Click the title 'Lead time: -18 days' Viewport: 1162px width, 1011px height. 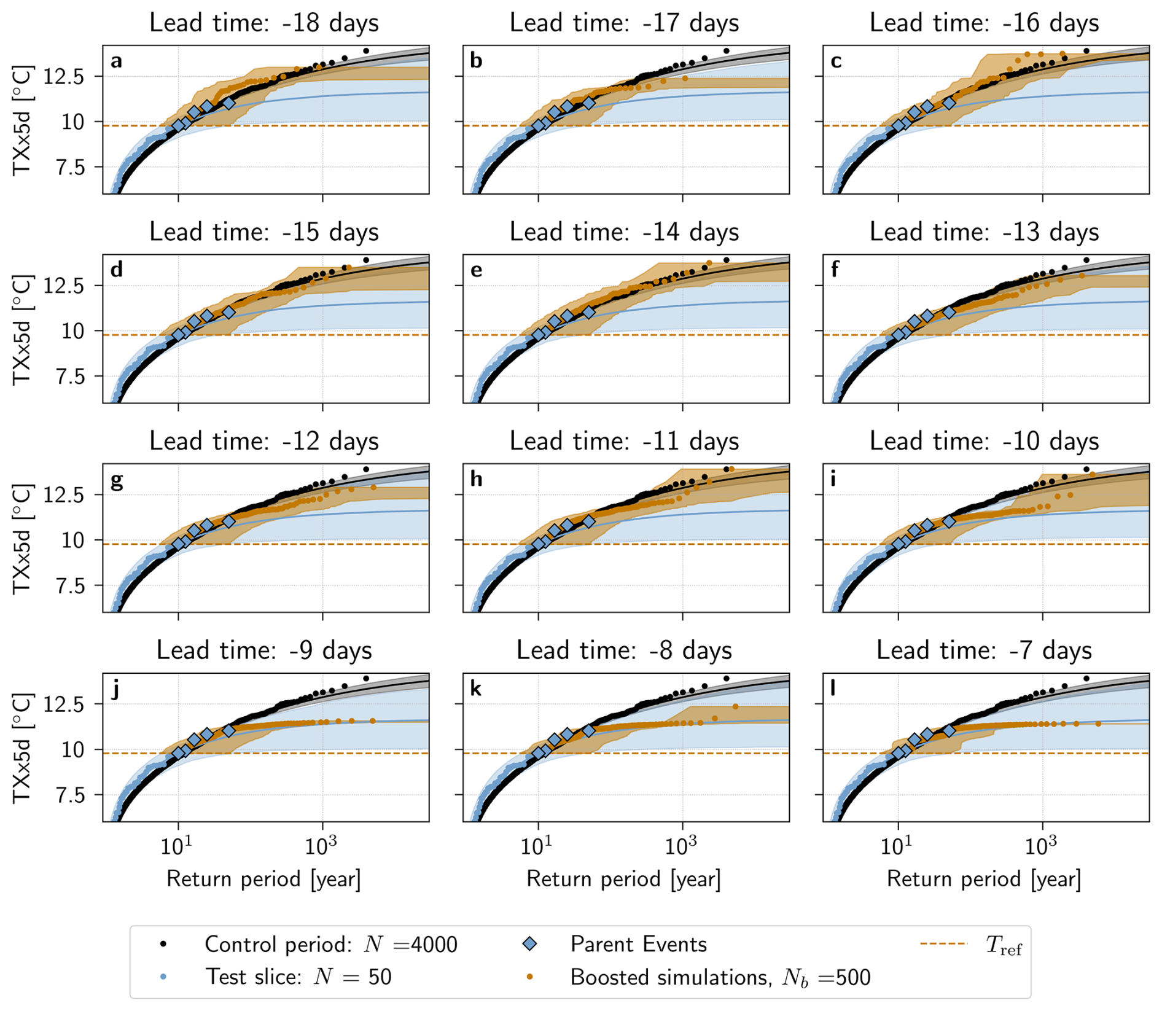(x=264, y=23)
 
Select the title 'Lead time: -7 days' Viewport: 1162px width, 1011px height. (x=984, y=651)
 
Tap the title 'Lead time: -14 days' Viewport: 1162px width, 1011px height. (x=624, y=233)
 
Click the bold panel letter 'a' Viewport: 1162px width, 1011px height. (x=116, y=61)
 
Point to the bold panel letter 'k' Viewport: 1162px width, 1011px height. (x=476, y=689)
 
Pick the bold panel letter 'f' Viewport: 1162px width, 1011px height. (x=835, y=270)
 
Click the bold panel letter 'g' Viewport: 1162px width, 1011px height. (x=116, y=480)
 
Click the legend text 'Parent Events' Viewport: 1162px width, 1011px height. (x=639, y=944)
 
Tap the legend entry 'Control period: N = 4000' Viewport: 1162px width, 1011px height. (x=330, y=944)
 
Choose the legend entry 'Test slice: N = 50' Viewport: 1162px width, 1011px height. (x=298, y=977)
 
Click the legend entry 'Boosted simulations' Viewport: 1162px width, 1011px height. (x=720, y=977)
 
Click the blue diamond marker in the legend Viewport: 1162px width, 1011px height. (x=529, y=944)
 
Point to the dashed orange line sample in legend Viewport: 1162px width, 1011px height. (x=944, y=943)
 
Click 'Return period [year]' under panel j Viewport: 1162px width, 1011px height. (x=263, y=879)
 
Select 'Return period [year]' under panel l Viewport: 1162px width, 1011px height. (x=984, y=879)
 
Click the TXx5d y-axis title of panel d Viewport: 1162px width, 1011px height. (x=22, y=330)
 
